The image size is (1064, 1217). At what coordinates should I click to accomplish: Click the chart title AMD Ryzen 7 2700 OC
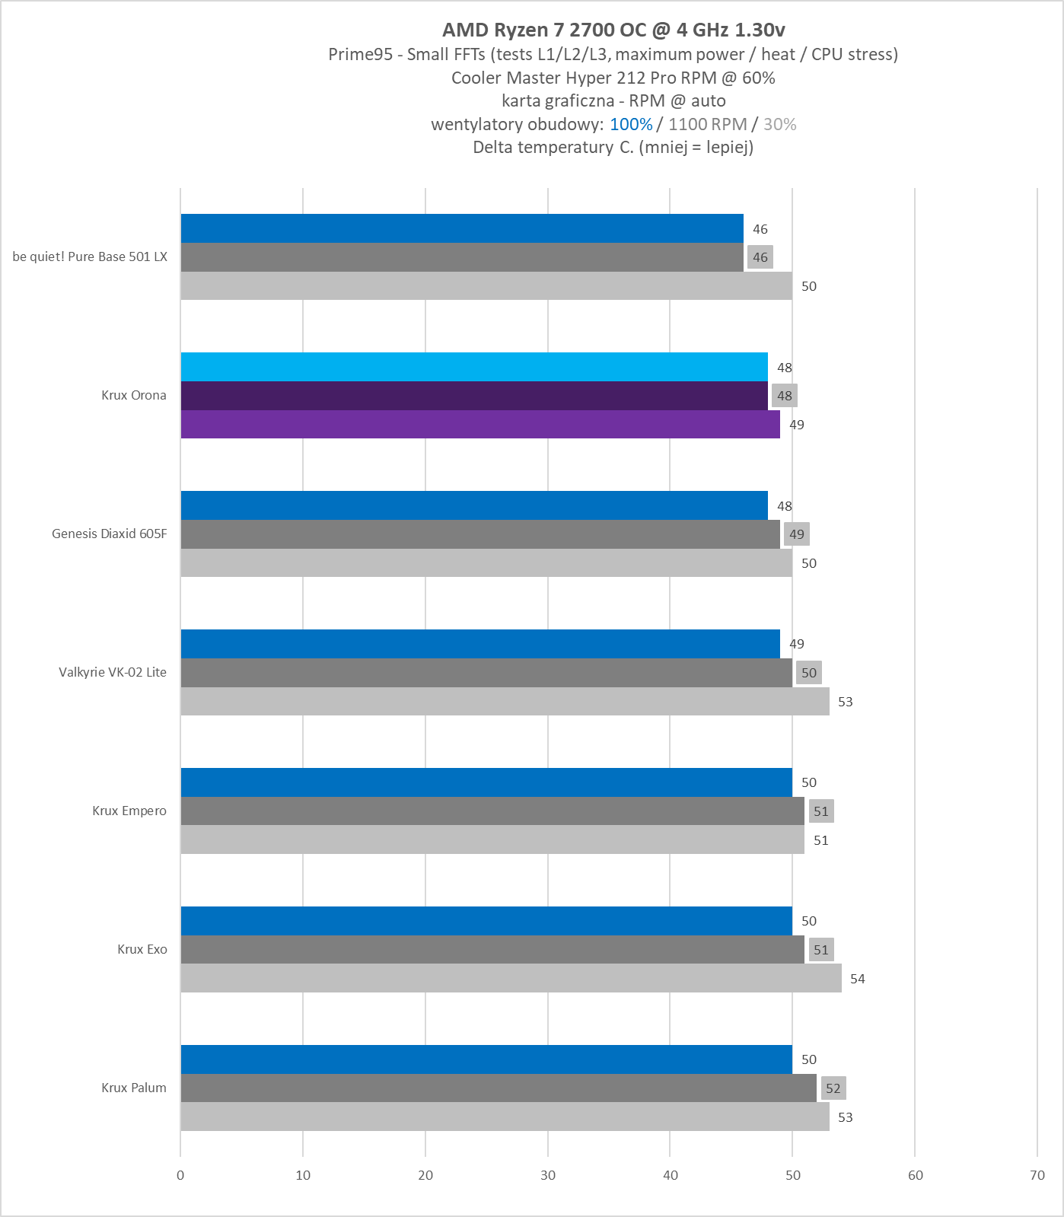613,30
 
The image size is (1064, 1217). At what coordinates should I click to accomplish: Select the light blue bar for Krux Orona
473,367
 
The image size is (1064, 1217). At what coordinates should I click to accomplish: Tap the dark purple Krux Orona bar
473,396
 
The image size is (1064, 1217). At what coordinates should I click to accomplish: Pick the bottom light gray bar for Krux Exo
511,978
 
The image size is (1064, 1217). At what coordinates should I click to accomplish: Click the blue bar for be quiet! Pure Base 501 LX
461,228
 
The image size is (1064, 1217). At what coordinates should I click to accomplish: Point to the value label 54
857,979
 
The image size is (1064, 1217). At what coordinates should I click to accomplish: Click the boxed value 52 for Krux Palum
833,1088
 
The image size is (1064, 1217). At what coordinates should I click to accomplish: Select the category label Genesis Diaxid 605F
109,534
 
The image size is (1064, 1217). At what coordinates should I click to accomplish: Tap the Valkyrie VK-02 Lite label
113,672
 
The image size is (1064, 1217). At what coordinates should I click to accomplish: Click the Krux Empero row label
129,811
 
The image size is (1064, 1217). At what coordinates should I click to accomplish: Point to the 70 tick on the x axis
1037,1175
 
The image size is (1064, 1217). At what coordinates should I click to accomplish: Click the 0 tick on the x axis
180,1175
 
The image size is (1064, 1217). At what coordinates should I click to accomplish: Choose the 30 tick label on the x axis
548,1175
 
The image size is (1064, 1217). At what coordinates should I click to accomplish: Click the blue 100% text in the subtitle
631,124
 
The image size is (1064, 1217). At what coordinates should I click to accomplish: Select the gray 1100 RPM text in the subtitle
707,124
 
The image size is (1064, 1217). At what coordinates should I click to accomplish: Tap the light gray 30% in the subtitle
779,124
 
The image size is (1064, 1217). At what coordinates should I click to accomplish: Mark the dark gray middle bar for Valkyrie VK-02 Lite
486,673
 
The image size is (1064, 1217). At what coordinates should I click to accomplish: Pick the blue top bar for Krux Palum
486,1059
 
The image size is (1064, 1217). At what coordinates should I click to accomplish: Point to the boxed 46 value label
760,257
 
